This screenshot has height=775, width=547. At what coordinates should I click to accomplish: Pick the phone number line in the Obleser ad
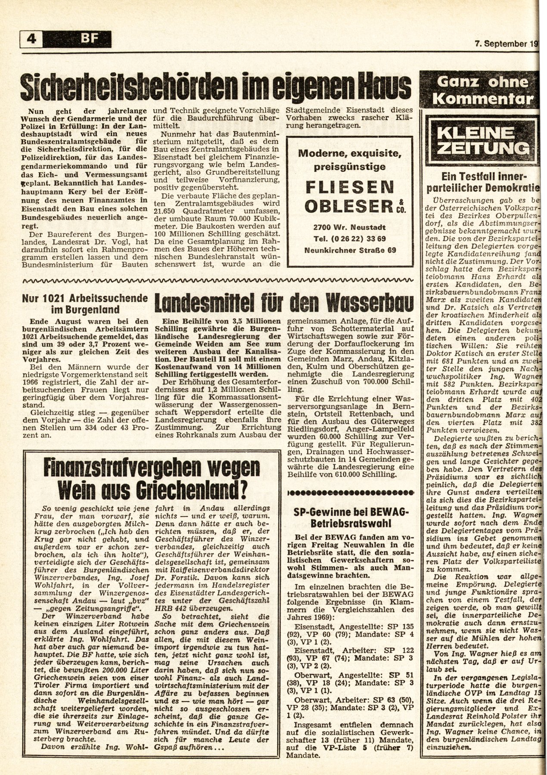[x=350, y=239]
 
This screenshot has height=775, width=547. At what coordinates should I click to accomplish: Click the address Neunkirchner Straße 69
[x=350, y=250]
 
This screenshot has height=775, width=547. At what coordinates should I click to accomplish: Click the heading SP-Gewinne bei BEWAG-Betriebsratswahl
[x=351, y=517]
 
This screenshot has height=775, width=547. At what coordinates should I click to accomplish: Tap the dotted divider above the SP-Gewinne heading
[x=351, y=492]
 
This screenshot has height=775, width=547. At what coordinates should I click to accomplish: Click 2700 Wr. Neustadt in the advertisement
[x=350, y=227]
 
